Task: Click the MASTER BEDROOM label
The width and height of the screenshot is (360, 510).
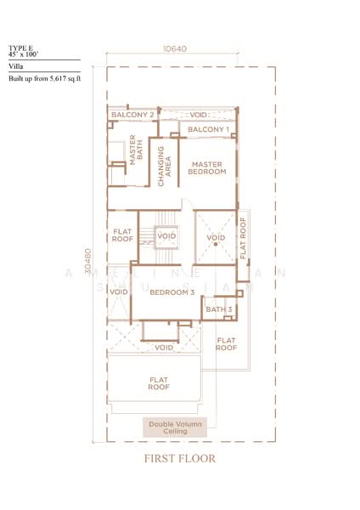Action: pos(208,167)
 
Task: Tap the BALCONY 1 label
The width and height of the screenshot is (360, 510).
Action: pos(208,129)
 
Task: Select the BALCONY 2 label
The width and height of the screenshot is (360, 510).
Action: pos(132,114)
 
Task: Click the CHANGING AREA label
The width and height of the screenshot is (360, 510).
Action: pos(165,166)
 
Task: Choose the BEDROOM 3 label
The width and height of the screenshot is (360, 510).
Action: pos(167,292)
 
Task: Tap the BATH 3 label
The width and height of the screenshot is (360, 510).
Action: pos(218,309)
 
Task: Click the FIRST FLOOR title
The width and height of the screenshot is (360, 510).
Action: pos(179,459)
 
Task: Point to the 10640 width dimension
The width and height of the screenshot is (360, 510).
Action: pos(174,49)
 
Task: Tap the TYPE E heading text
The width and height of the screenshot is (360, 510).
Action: pos(20,48)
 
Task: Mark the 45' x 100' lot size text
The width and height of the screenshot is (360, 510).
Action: pos(24,54)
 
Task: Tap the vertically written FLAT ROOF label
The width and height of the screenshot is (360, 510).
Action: pos(243,238)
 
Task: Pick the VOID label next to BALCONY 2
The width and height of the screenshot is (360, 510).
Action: pos(198,114)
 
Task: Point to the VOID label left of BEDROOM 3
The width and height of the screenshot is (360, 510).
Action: pos(118,292)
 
